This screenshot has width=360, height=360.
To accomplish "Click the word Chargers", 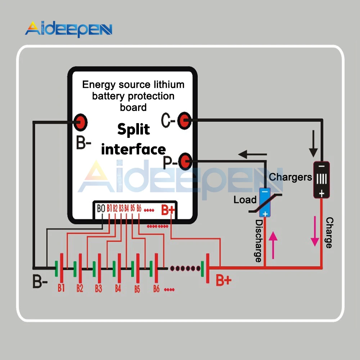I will (x=290, y=177).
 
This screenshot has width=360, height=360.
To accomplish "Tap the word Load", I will (x=245, y=200).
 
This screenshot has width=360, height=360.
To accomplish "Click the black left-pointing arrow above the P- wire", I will (x=252, y=155).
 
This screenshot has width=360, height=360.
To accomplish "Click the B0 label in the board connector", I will (x=101, y=208).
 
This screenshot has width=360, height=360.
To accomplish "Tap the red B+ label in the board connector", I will (x=167, y=210).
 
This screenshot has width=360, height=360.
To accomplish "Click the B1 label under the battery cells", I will (x=61, y=288).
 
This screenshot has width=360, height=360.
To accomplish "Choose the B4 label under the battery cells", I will (x=118, y=288).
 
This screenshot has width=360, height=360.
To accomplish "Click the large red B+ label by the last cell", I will (x=223, y=280).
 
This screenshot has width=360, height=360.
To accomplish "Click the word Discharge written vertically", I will (x=258, y=241).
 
